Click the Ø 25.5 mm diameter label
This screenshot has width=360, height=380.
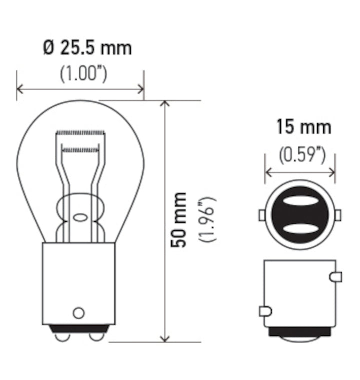click(87, 48)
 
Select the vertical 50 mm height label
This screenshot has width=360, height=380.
click(178, 219)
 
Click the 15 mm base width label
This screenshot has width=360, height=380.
click(304, 127)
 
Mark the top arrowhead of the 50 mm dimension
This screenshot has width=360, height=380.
click(165, 104)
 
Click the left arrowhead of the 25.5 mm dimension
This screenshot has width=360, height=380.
click(20, 89)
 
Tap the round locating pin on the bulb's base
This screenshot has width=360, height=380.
click(78, 313)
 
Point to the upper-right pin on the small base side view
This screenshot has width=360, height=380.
click(336, 276)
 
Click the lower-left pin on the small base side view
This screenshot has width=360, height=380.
click(265, 311)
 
